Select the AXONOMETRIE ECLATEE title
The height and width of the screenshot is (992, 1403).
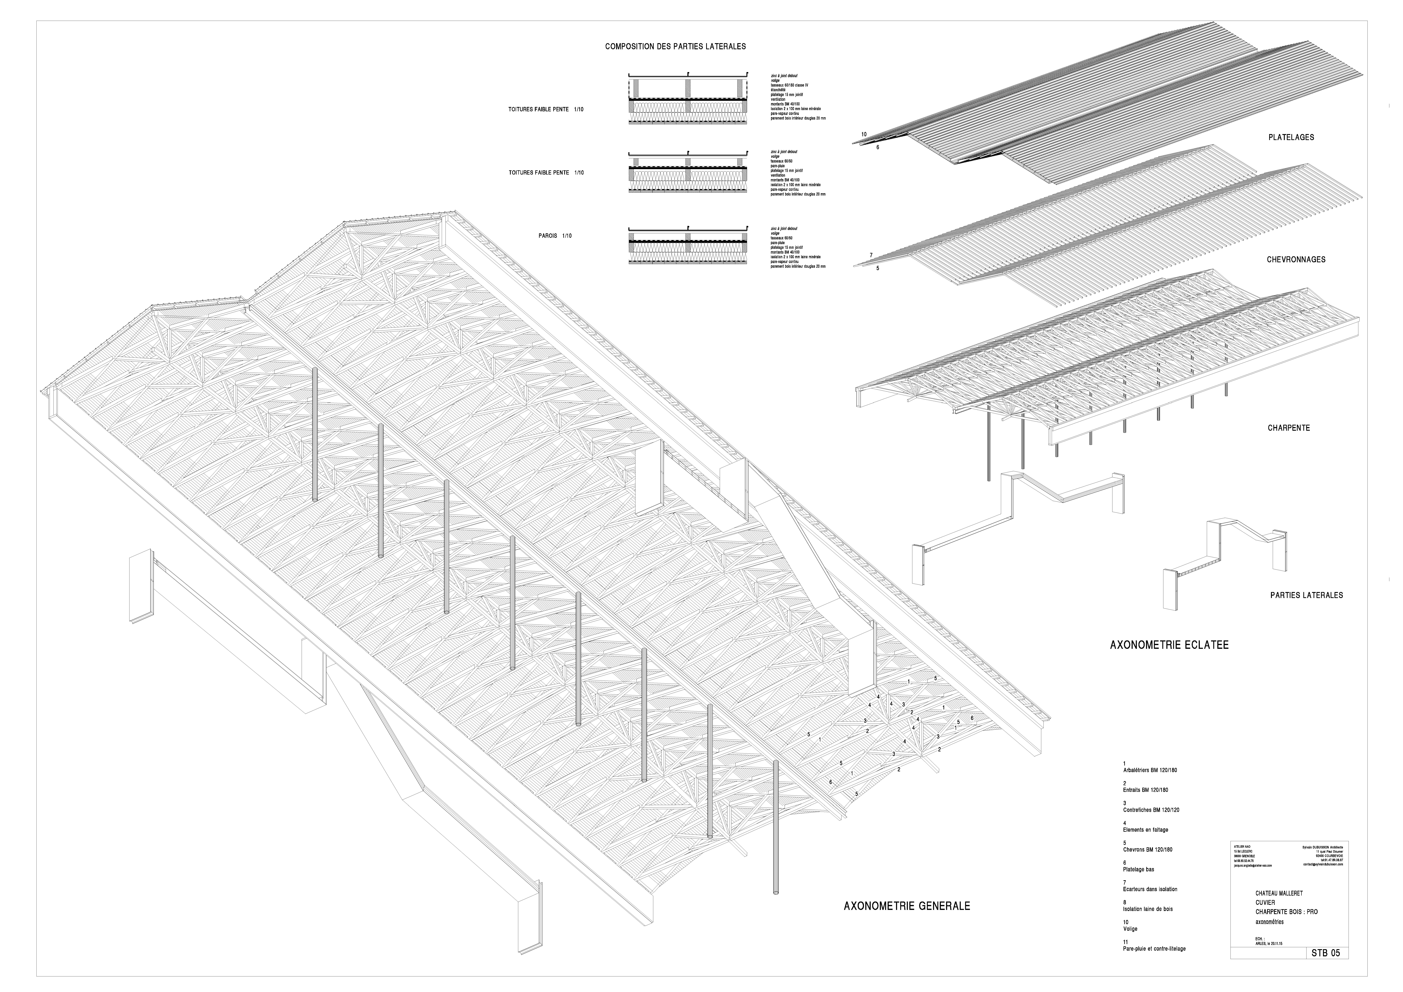click(x=1169, y=644)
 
